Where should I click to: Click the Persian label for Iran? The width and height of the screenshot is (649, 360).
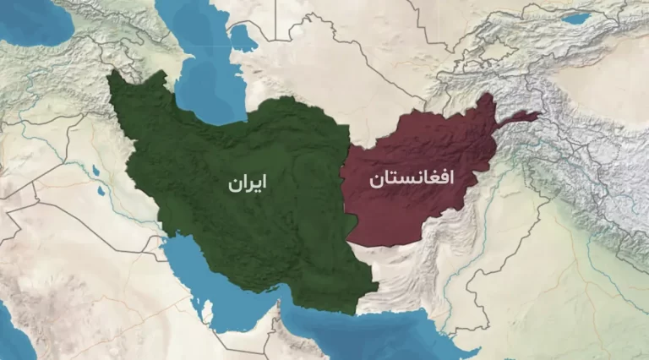[245, 183]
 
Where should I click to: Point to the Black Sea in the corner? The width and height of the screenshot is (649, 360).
[34, 21]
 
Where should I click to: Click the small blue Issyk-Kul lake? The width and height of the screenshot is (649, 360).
[576, 18]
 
